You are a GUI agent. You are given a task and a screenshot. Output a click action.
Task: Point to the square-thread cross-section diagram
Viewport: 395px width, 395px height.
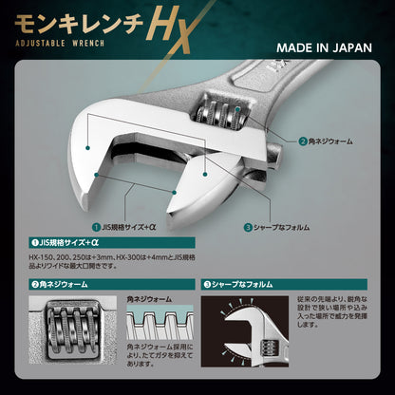click(x=160, y=328)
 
